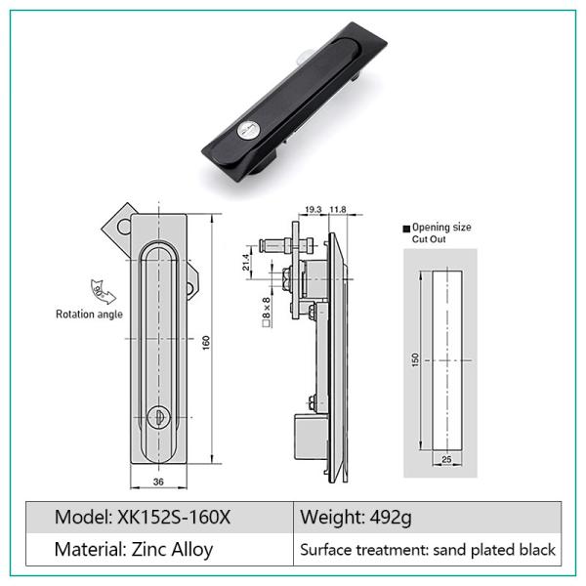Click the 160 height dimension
208,343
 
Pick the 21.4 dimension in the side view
246,261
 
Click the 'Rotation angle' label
89,314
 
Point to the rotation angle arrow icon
100,290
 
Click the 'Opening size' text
441,227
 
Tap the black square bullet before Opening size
407,227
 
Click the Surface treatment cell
427,550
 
